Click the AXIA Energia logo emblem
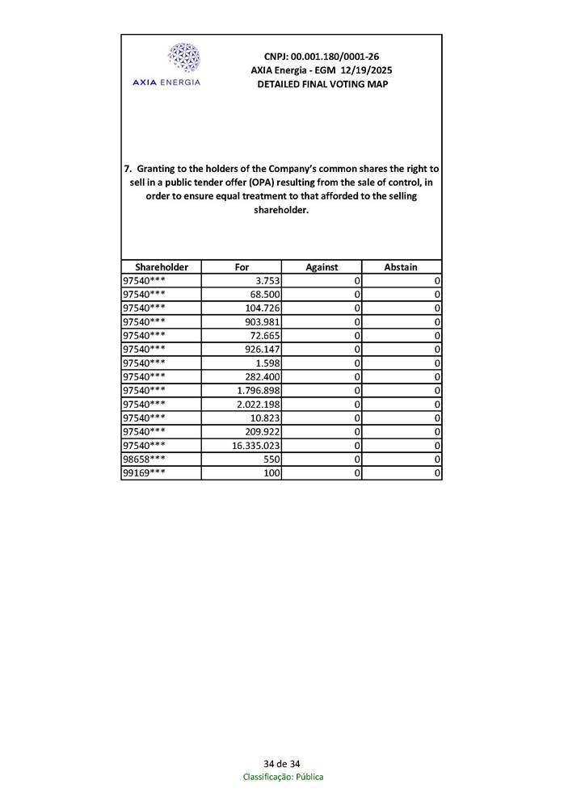pyautogui.click(x=183, y=59)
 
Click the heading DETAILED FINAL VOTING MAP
pyautogui.click(x=322, y=84)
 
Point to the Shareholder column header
pyautogui.click(x=162, y=267)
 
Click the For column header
pyautogui.click(x=242, y=267)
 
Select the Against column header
pyautogui.click(x=322, y=267)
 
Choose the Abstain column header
pyautogui.click(x=401, y=267)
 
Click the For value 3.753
pyautogui.click(x=267, y=281)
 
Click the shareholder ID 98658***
pyautogui.click(x=144, y=459)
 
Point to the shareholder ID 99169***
pyautogui.click(x=144, y=473)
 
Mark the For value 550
pyautogui.click(x=271, y=459)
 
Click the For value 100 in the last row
pyautogui.click(x=271, y=473)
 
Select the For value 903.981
pyautogui.click(x=263, y=322)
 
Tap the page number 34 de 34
pyautogui.click(x=282, y=764)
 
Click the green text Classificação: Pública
pyautogui.click(x=283, y=777)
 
